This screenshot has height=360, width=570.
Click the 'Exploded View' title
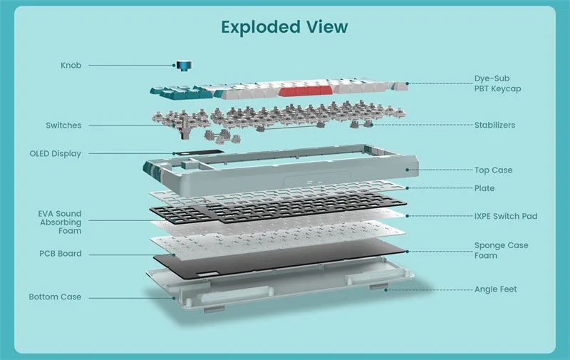[x=284, y=27]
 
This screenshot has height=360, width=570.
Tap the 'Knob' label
[x=71, y=66]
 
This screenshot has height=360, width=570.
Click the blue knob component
[x=185, y=66]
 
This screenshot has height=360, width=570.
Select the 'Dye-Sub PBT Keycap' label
[x=497, y=83]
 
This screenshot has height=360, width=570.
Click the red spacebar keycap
[x=306, y=91]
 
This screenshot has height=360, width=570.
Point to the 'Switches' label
[x=63, y=125]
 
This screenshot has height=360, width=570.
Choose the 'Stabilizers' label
[x=494, y=125]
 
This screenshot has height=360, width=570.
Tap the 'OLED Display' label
[x=56, y=154]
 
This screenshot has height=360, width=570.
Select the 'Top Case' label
[x=493, y=170]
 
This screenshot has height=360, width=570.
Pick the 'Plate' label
[x=484, y=188]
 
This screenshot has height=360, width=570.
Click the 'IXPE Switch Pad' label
[x=506, y=217]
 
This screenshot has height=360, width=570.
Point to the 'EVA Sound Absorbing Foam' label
[x=60, y=222]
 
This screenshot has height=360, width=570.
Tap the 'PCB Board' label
[x=61, y=254]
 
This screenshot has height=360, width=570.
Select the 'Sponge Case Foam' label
[x=501, y=250]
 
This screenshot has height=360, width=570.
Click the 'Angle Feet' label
[x=495, y=289]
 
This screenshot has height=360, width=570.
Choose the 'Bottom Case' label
[x=56, y=297]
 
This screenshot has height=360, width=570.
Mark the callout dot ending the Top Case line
[x=407, y=170]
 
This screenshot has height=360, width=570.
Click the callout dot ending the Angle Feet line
[x=386, y=290]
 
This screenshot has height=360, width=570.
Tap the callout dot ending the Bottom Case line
[x=174, y=298]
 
